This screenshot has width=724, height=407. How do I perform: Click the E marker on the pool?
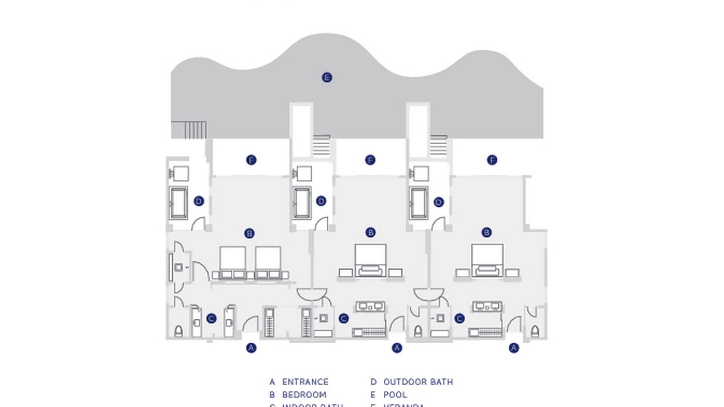tap(327, 77)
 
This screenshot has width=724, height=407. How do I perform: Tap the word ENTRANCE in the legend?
tap(305, 382)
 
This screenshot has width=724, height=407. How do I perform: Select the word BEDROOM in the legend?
tap(304, 394)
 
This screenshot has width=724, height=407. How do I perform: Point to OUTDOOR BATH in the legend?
tap(418, 382)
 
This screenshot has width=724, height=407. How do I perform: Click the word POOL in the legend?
tap(395, 394)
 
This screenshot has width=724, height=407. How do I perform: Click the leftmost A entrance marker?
tap(251, 347)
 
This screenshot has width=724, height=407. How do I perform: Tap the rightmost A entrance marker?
tap(514, 347)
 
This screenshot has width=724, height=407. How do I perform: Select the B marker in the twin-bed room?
tap(249, 233)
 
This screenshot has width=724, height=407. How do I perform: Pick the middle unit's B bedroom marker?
tap(371, 232)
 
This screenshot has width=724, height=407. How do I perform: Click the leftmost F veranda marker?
tap(251, 160)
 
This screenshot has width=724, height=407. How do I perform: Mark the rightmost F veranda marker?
tap(492, 160)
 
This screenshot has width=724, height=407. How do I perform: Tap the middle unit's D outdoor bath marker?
tap(321, 201)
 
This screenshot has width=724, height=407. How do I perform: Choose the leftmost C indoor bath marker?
tap(211, 318)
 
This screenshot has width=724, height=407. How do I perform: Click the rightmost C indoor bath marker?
tap(459, 318)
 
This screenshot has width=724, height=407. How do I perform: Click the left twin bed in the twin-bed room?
tap(233, 261)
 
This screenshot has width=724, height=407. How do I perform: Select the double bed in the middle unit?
tap(371, 260)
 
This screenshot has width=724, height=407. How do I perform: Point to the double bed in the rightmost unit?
tap(487, 260)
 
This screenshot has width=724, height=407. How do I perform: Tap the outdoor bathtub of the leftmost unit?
tap(178, 203)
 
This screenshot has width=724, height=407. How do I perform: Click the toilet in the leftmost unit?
tap(178, 331)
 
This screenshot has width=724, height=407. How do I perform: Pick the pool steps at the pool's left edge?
tap(195, 130)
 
